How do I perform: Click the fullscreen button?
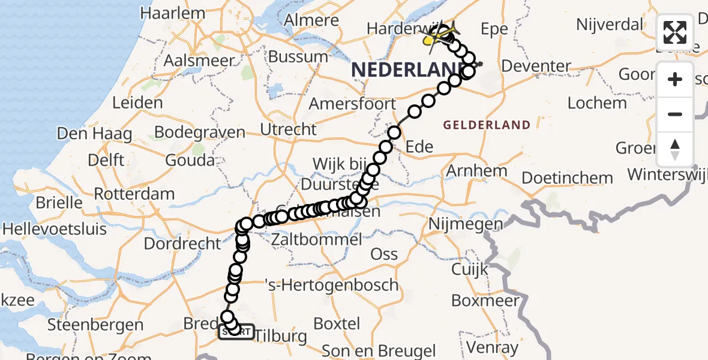[x=675, y=32]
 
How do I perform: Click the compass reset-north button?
[x=675, y=148]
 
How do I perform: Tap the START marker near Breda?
[x=236, y=332]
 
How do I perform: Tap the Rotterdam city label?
[x=134, y=194]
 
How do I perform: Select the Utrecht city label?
[x=288, y=129]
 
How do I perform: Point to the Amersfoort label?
[x=352, y=103]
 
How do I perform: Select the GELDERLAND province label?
[x=487, y=125]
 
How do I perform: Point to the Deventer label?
[x=535, y=66]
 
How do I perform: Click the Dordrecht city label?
[x=182, y=244]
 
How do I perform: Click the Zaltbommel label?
[x=317, y=240]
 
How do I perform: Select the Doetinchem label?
[x=567, y=178]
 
